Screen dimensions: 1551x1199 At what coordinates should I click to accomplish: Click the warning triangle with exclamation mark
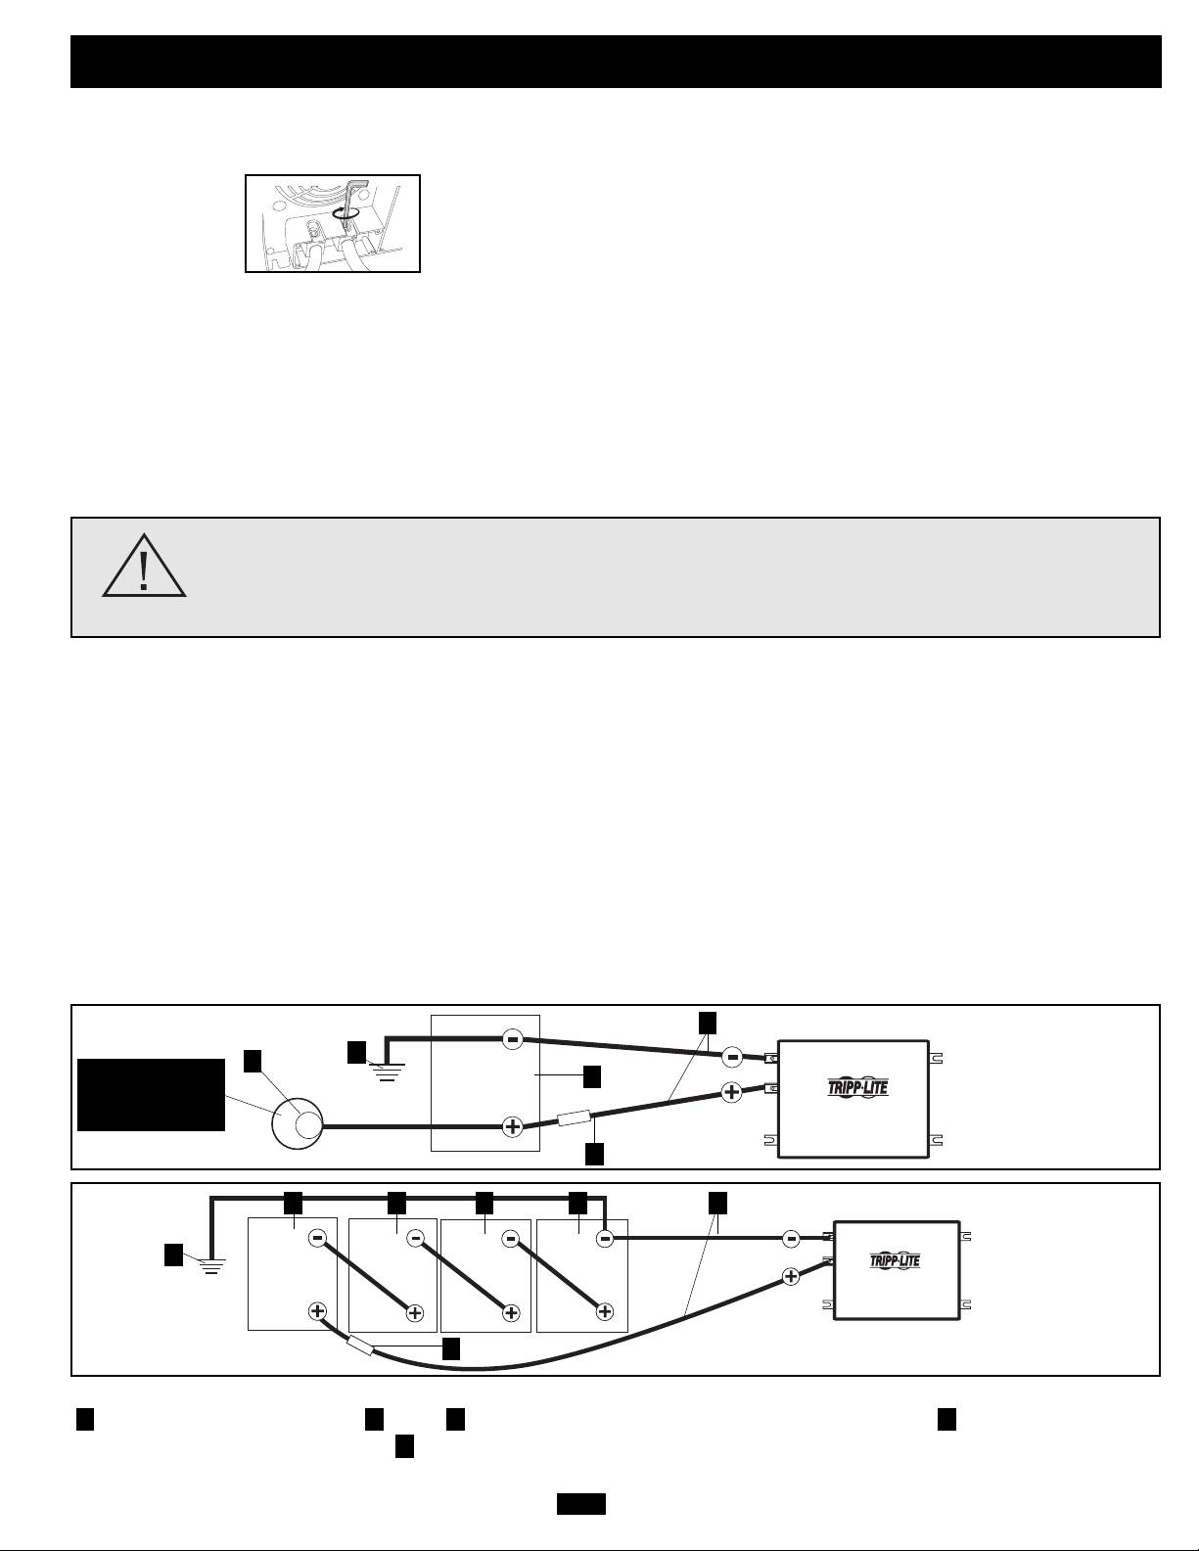tap(144, 568)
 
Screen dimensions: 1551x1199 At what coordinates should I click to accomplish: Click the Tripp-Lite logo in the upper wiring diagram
tap(853, 1087)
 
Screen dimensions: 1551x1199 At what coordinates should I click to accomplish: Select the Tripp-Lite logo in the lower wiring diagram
tap(895, 1260)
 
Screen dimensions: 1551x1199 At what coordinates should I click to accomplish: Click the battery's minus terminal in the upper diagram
tap(512, 1039)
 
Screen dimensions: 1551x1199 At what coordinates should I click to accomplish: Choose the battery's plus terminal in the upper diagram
tap(512, 1126)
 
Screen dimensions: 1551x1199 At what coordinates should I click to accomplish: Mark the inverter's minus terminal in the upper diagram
tap(732, 1057)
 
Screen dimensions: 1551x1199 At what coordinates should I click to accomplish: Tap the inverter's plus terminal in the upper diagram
tap(731, 1092)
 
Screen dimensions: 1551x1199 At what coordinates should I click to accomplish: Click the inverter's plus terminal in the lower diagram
tap(791, 1275)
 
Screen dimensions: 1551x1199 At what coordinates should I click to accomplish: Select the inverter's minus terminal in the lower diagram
tap(791, 1239)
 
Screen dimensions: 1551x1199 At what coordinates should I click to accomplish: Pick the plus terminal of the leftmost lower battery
tap(317, 1311)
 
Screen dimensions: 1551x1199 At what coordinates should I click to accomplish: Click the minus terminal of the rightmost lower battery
tap(605, 1239)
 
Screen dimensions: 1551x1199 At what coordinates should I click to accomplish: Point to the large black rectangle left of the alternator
tap(151, 1094)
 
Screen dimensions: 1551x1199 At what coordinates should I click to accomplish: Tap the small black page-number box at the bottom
tap(581, 1503)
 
